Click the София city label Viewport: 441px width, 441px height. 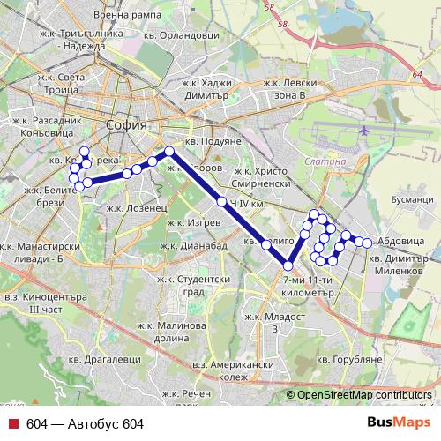click(120, 125)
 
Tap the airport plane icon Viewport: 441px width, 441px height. click(364, 130)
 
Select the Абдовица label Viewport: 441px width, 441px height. click(396, 240)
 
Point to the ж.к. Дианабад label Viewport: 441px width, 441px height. click(196, 246)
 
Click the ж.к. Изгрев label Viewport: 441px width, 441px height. click(189, 222)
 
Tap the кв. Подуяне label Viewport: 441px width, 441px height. click(213, 142)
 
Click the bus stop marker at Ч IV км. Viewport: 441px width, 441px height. click(221, 202)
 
